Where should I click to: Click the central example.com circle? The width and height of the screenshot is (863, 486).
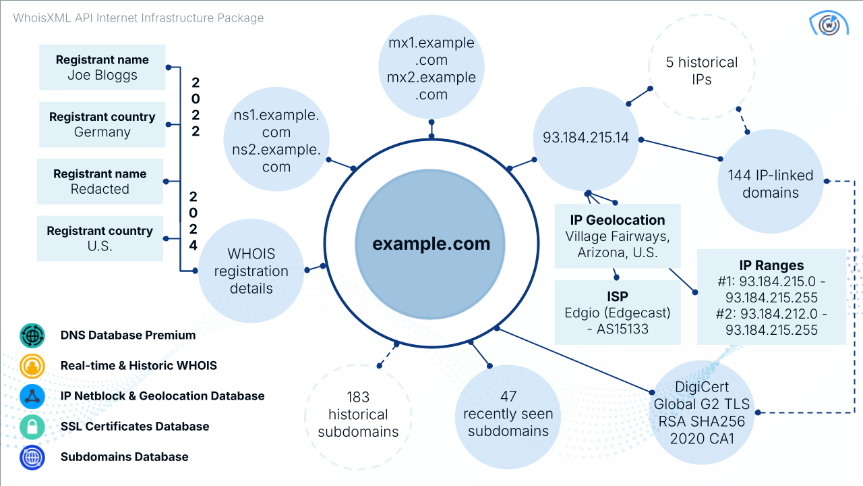click(x=431, y=244)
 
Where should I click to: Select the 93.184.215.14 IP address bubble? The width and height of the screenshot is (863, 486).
click(x=586, y=138)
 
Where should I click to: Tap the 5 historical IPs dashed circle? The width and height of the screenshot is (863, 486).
click(x=701, y=70)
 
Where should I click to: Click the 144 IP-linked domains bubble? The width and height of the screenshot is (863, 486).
click(x=770, y=183)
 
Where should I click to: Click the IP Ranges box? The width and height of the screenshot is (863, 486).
click(x=771, y=297)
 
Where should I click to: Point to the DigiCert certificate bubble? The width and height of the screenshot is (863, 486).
click(x=701, y=412)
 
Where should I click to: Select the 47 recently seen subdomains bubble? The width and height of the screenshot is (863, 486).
click(x=508, y=414)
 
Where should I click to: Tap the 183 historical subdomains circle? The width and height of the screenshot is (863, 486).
click(x=358, y=414)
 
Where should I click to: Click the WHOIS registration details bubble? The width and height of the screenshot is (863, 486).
click(x=251, y=271)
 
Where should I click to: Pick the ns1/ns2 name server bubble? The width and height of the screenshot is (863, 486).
click(x=276, y=140)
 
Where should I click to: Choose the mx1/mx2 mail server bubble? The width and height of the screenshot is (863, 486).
click(x=431, y=69)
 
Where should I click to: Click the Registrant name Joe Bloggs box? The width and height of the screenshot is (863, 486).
click(x=102, y=67)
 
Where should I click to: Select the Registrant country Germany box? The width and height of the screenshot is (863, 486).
click(x=102, y=125)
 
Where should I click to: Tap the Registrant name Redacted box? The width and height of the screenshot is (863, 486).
click(x=100, y=182)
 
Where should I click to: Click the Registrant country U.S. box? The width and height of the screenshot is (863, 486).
click(x=100, y=238)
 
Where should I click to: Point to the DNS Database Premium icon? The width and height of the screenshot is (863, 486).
click(x=32, y=335)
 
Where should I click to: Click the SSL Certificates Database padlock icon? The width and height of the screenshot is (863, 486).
click(x=32, y=427)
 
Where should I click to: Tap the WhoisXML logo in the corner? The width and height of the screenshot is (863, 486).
click(x=829, y=25)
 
